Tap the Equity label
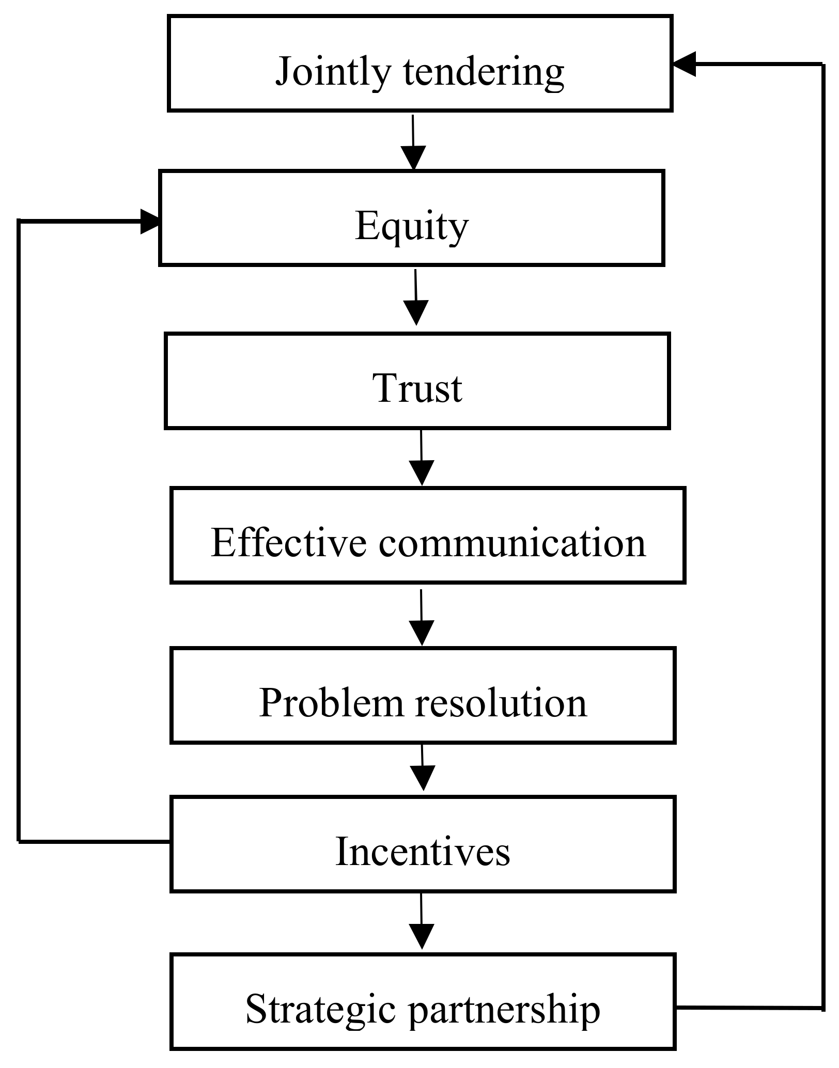click(411, 226)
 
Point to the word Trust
click(417, 388)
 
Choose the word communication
click(512, 543)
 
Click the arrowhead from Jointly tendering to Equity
click(413, 158)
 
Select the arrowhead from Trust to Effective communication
click(422, 473)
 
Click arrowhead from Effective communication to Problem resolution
click(422, 632)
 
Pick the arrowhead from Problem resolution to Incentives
click(423, 777)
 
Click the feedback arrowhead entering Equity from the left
click(150, 222)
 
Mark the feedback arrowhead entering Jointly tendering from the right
click(683, 64)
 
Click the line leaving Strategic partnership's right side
click(749, 1008)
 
